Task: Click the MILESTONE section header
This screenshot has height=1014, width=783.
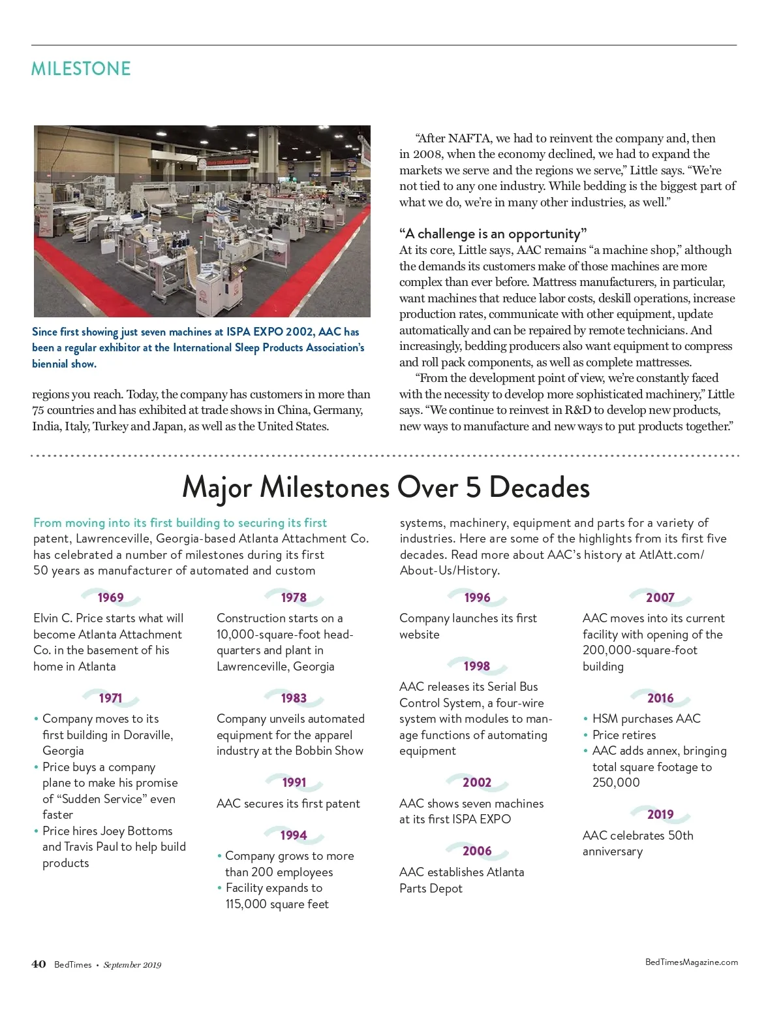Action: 81,69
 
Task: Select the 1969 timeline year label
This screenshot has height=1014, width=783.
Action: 110,597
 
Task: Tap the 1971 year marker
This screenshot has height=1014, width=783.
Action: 110,698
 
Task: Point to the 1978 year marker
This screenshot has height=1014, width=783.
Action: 294,597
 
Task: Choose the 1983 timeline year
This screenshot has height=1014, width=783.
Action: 294,698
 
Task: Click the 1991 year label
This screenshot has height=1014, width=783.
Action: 294,782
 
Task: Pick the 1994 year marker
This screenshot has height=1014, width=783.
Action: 294,835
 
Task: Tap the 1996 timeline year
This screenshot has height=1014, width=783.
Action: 477,597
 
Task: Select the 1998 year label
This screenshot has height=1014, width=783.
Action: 476,666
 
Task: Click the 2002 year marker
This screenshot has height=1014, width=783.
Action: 477,782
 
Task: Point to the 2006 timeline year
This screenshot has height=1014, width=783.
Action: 477,851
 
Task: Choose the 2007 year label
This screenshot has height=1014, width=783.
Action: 660,597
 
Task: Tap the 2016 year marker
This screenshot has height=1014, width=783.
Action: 660,698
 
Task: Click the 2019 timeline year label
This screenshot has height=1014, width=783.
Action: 660,814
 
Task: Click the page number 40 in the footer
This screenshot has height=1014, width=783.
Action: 38,964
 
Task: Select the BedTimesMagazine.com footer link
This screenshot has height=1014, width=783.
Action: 692,962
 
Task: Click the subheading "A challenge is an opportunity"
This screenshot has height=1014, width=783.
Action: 493,234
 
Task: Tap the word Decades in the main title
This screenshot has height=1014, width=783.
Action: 539,487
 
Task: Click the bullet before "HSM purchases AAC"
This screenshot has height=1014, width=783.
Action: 586,719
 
